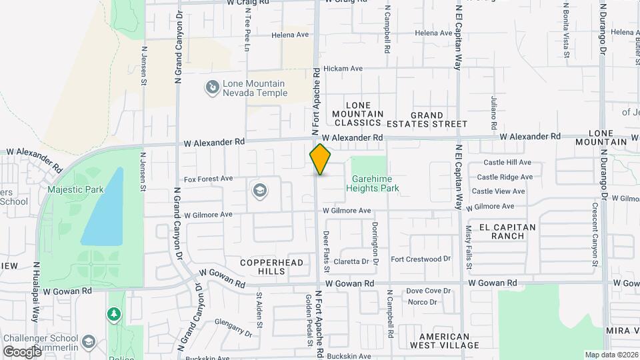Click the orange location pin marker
click(x=320, y=159)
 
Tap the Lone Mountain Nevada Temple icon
click(x=212, y=87)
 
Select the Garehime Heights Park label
click(x=372, y=183)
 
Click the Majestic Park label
click(x=75, y=189)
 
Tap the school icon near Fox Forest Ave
click(x=259, y=192)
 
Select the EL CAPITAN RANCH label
click(x=503, y=231)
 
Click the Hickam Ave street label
click(x=343, y=69)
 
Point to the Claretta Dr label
click(x=351, y=261)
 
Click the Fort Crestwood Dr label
click(x=421, y=259)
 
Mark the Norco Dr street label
click(x=422, y=302)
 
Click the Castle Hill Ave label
click(x=507, y=162)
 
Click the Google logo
click(x=22, y=351)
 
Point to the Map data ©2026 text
click(x=611, y=355)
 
